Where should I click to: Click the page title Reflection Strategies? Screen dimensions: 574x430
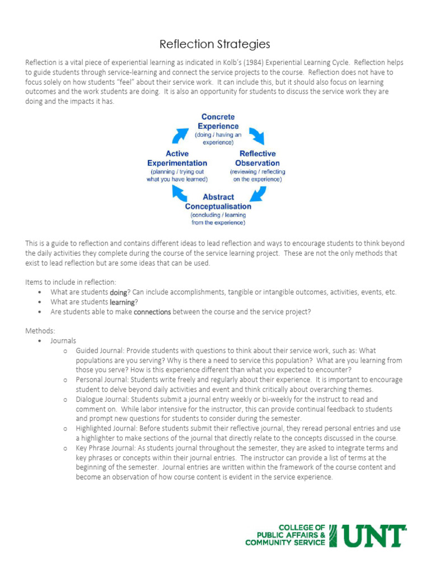[215, 44]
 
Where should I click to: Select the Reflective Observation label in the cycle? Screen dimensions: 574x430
[258, 158]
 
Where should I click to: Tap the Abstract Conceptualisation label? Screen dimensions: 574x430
[218, 202]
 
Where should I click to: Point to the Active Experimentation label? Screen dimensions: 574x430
[177, 158]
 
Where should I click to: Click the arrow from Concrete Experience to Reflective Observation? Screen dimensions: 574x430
[257, 135]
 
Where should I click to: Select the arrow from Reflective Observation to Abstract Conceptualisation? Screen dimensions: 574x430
[257, 193]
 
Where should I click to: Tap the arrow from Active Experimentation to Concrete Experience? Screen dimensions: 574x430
[181, 135]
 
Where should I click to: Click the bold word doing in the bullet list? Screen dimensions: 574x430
[118, 292]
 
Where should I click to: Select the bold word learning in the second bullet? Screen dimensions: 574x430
[121, 302]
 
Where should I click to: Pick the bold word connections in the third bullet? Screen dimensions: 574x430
[152, 312]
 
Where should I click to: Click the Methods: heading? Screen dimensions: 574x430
[40, 331]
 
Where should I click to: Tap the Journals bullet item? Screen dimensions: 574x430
[63, 341]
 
